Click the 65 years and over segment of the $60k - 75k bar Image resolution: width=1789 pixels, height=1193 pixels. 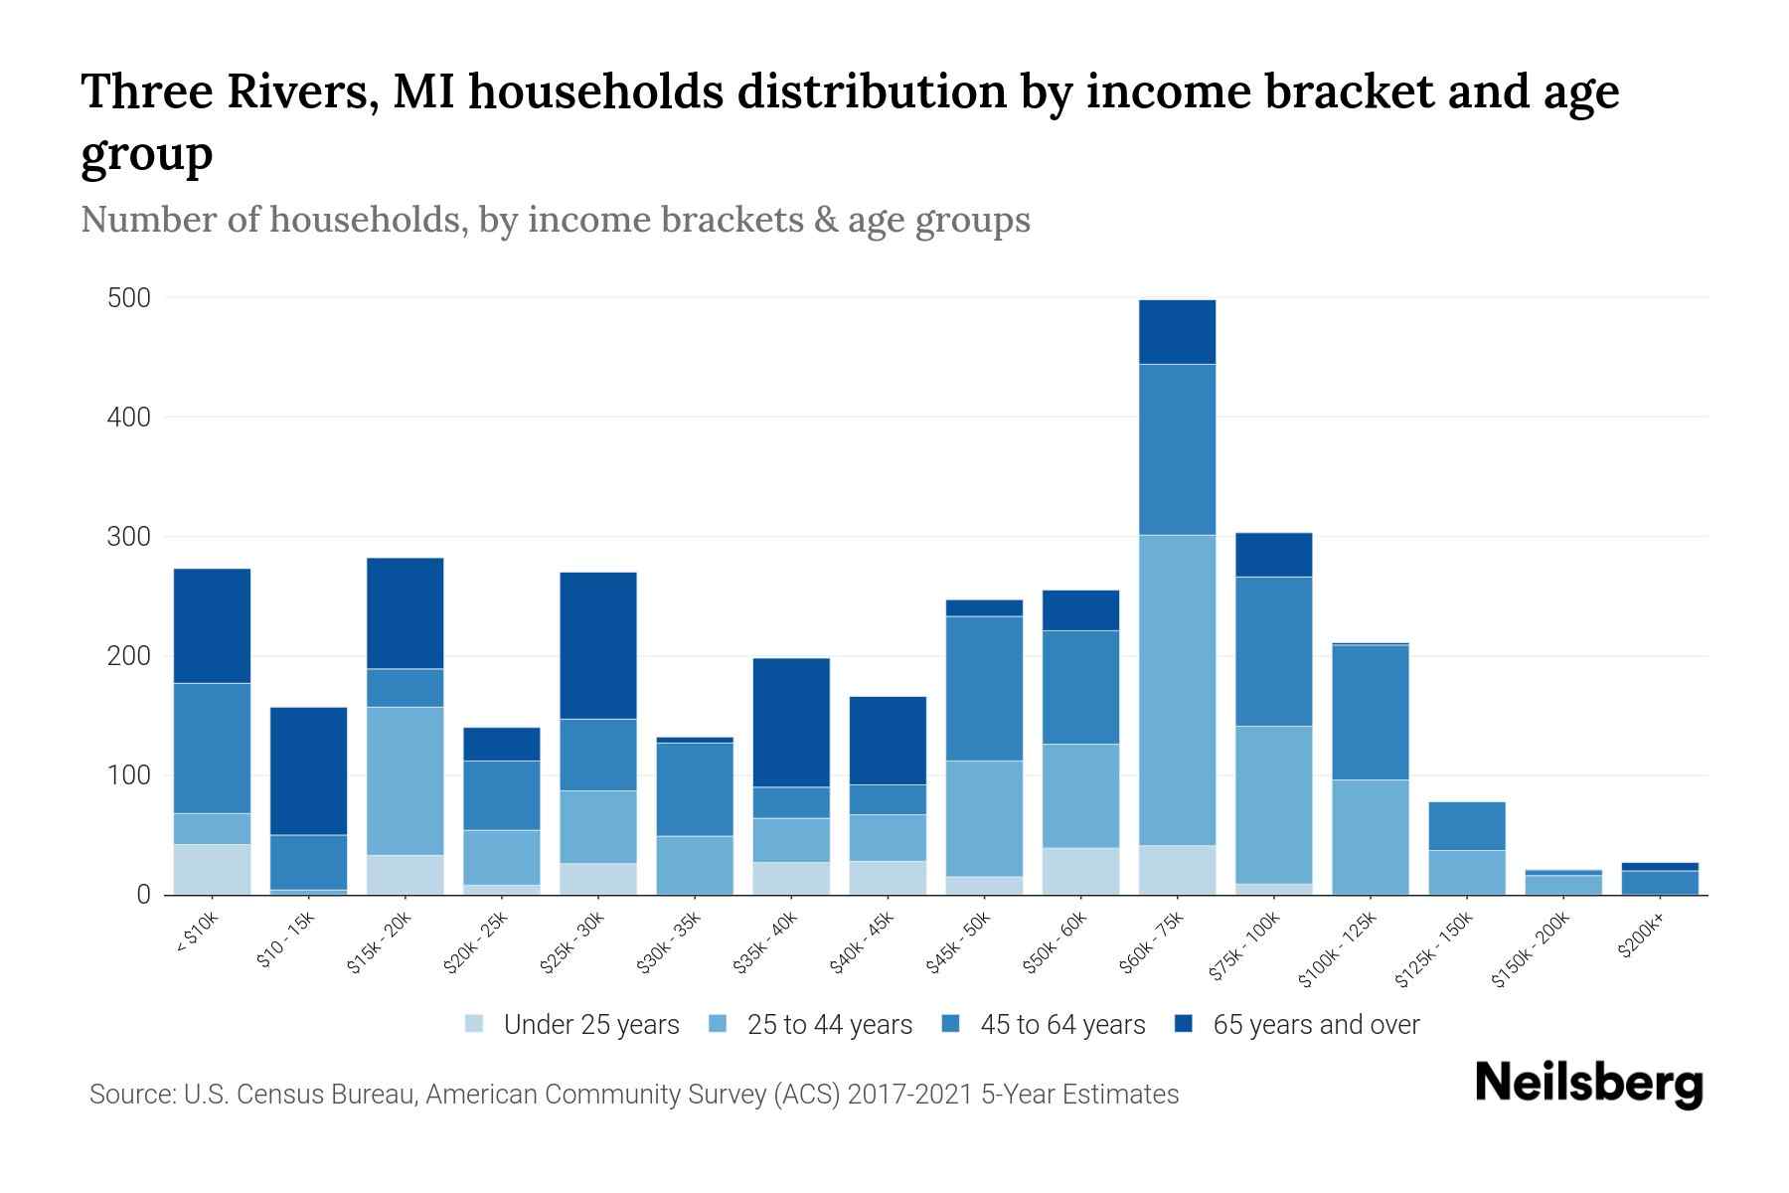pos(1177,332)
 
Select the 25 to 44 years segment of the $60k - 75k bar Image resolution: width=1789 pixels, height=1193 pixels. pos(1177,690)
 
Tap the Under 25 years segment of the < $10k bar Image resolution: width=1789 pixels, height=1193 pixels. pos(212,869)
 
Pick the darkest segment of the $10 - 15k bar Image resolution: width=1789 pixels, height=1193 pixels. pos(308,770)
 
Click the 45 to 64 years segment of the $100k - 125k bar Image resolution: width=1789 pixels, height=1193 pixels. pos(1370,713)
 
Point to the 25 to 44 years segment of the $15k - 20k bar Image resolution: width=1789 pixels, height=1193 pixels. pos(405,780)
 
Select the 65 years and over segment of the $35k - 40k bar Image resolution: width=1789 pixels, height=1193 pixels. pos(791,723)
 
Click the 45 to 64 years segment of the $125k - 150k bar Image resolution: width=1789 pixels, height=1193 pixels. pos(1466,825)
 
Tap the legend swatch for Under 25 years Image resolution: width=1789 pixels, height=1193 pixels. pos(474,1023)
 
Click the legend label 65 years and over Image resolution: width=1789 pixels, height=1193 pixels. pos(1315,1024)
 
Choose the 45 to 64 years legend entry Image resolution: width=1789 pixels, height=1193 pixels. pos(1061,1024)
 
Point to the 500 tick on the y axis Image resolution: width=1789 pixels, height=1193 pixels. pos(129,298)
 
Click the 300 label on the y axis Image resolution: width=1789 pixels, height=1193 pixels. pos(129,537)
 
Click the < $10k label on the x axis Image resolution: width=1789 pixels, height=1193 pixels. pos(196,936)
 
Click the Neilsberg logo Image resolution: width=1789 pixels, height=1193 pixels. pos(1588,1084)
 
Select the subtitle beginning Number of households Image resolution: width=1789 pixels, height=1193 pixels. pos(555,220)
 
